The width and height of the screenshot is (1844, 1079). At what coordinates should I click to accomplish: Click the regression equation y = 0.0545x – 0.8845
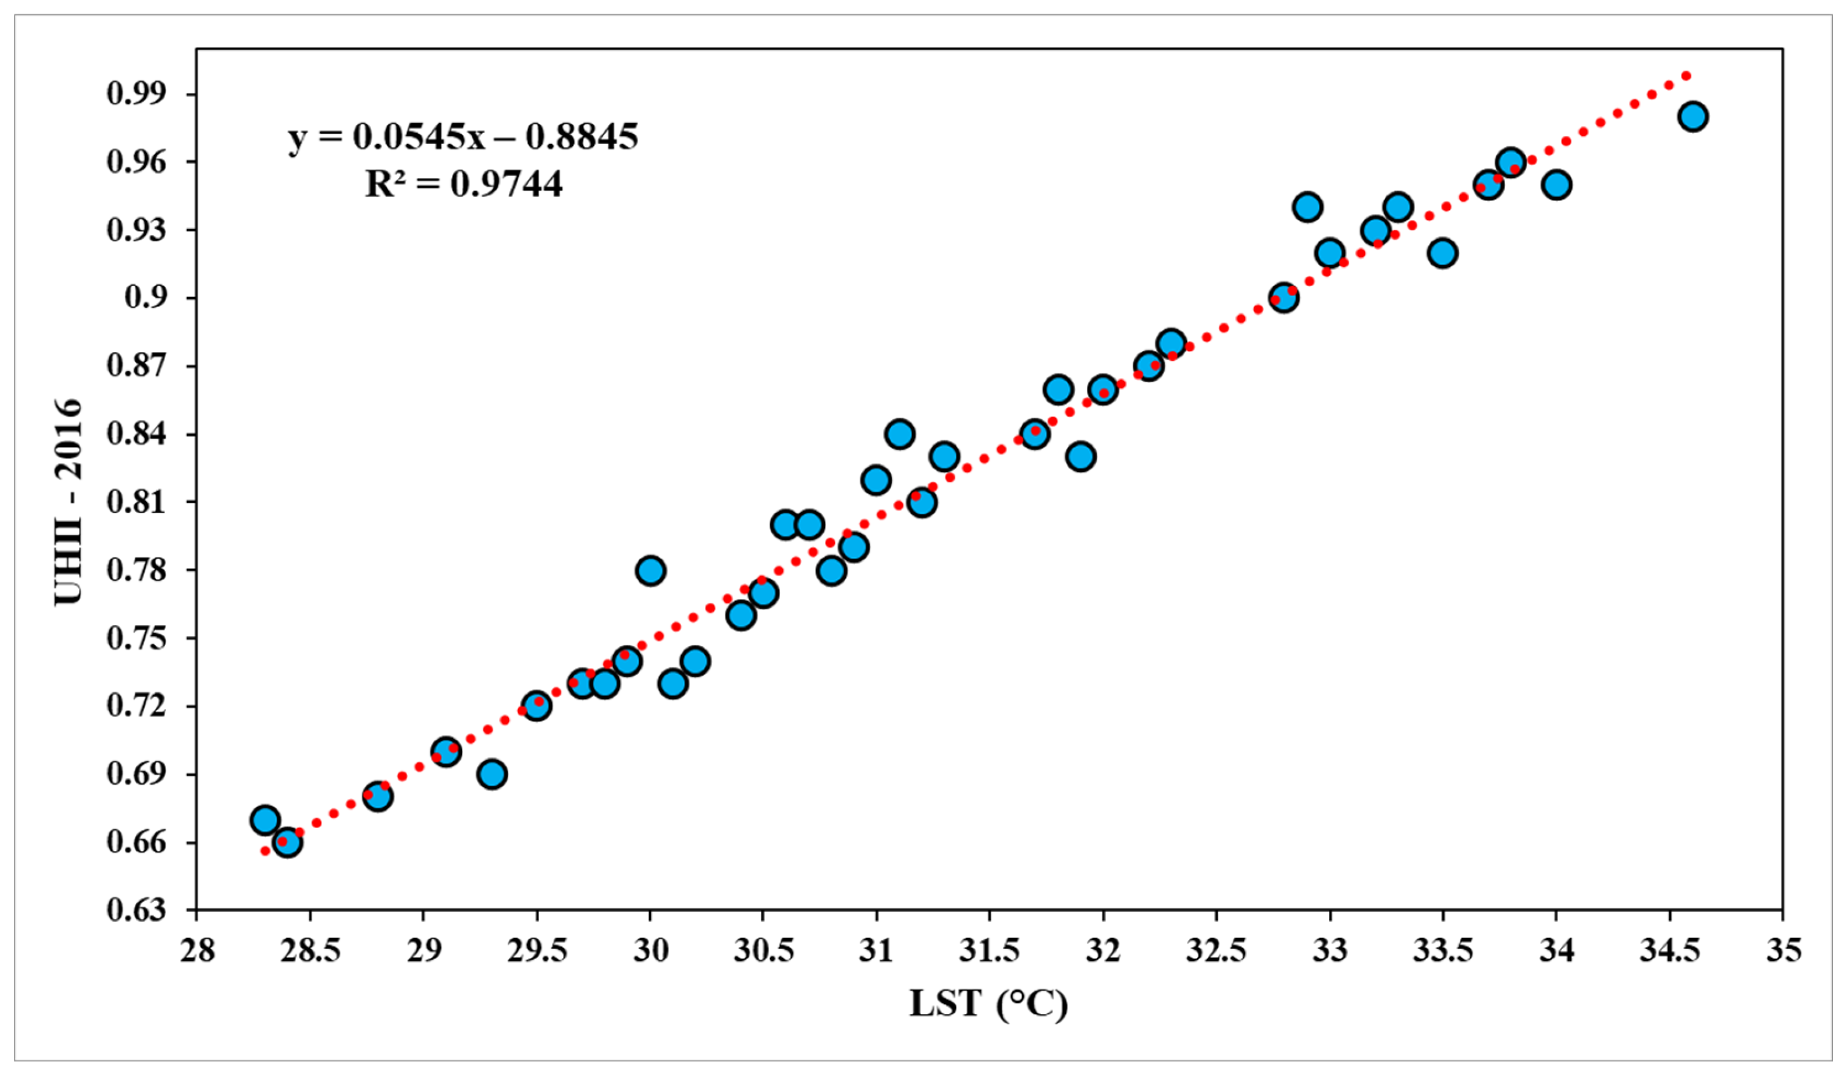[463, 137]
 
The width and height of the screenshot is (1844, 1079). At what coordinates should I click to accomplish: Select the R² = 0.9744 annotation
[464, 183]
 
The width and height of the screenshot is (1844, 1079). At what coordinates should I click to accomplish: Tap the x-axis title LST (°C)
[989, 1004]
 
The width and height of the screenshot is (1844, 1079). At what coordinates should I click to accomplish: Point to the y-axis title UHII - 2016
[68, 502]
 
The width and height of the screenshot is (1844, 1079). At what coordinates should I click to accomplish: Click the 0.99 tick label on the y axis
[147, 94]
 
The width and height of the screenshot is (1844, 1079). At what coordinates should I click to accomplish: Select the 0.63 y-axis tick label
[147, 910]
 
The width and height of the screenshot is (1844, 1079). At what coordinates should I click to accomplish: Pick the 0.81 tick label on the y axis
[147, 502]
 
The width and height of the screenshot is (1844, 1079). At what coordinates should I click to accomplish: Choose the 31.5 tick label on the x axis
[989, 951]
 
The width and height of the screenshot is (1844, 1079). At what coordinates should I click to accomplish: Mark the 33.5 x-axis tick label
[1443, 951]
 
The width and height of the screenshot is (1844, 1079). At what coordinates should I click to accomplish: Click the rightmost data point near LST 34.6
[1693, 116]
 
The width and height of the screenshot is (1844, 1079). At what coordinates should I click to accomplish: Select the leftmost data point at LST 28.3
[265, 820]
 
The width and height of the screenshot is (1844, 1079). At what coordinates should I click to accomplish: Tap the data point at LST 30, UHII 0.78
[651, 570]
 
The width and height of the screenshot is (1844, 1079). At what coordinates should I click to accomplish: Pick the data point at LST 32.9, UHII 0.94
[1308, 207]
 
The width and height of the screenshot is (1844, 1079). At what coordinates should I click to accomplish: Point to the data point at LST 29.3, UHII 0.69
[492, 774]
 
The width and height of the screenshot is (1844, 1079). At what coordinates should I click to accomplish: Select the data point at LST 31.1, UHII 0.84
[899, 434]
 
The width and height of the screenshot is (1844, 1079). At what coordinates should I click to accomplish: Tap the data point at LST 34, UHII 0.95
[1556, 184]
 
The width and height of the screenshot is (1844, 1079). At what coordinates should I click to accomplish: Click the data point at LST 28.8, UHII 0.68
[378, 797]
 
